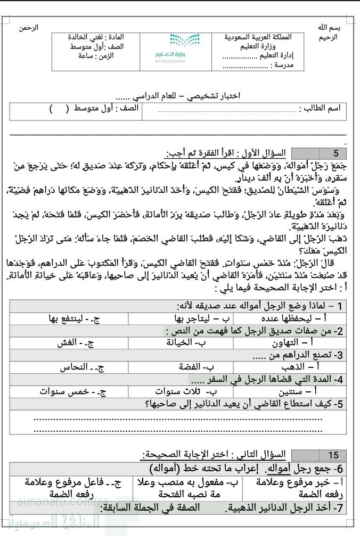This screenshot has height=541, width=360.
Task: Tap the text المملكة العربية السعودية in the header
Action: click(258, 38)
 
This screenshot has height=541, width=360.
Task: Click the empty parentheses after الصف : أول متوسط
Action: click(59, 109)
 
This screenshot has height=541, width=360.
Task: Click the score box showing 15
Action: click(333, 455)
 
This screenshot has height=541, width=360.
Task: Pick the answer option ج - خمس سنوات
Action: click(73, 392)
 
